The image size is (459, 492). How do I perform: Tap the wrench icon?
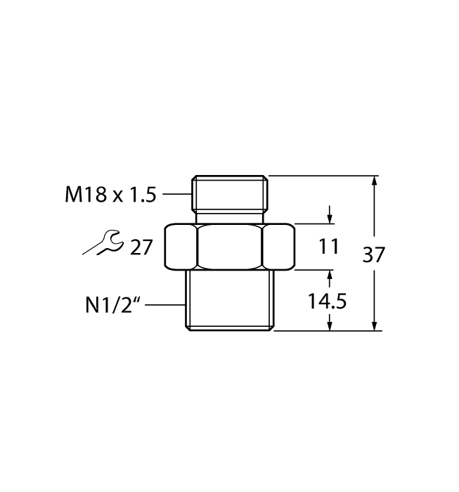click(x=100, y=242)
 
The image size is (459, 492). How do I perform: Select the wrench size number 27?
click(x=141, y=247)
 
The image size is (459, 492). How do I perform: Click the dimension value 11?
click(x=329, y=247)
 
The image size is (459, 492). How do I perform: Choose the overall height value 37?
click(x=375, y=254)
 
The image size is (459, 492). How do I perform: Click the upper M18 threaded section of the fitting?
click(x=230, y=190)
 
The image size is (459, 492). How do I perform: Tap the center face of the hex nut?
click(x=230, y=247)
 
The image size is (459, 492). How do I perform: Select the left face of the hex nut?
click(x=181, y=247)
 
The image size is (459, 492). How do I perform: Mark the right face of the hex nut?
click(x=278, y=247)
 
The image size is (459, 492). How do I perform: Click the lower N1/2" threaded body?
click(x=229, y=299)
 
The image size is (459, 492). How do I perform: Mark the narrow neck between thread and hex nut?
click(x=230, y=217)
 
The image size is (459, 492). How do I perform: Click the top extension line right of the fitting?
click(x=323, y=176)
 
